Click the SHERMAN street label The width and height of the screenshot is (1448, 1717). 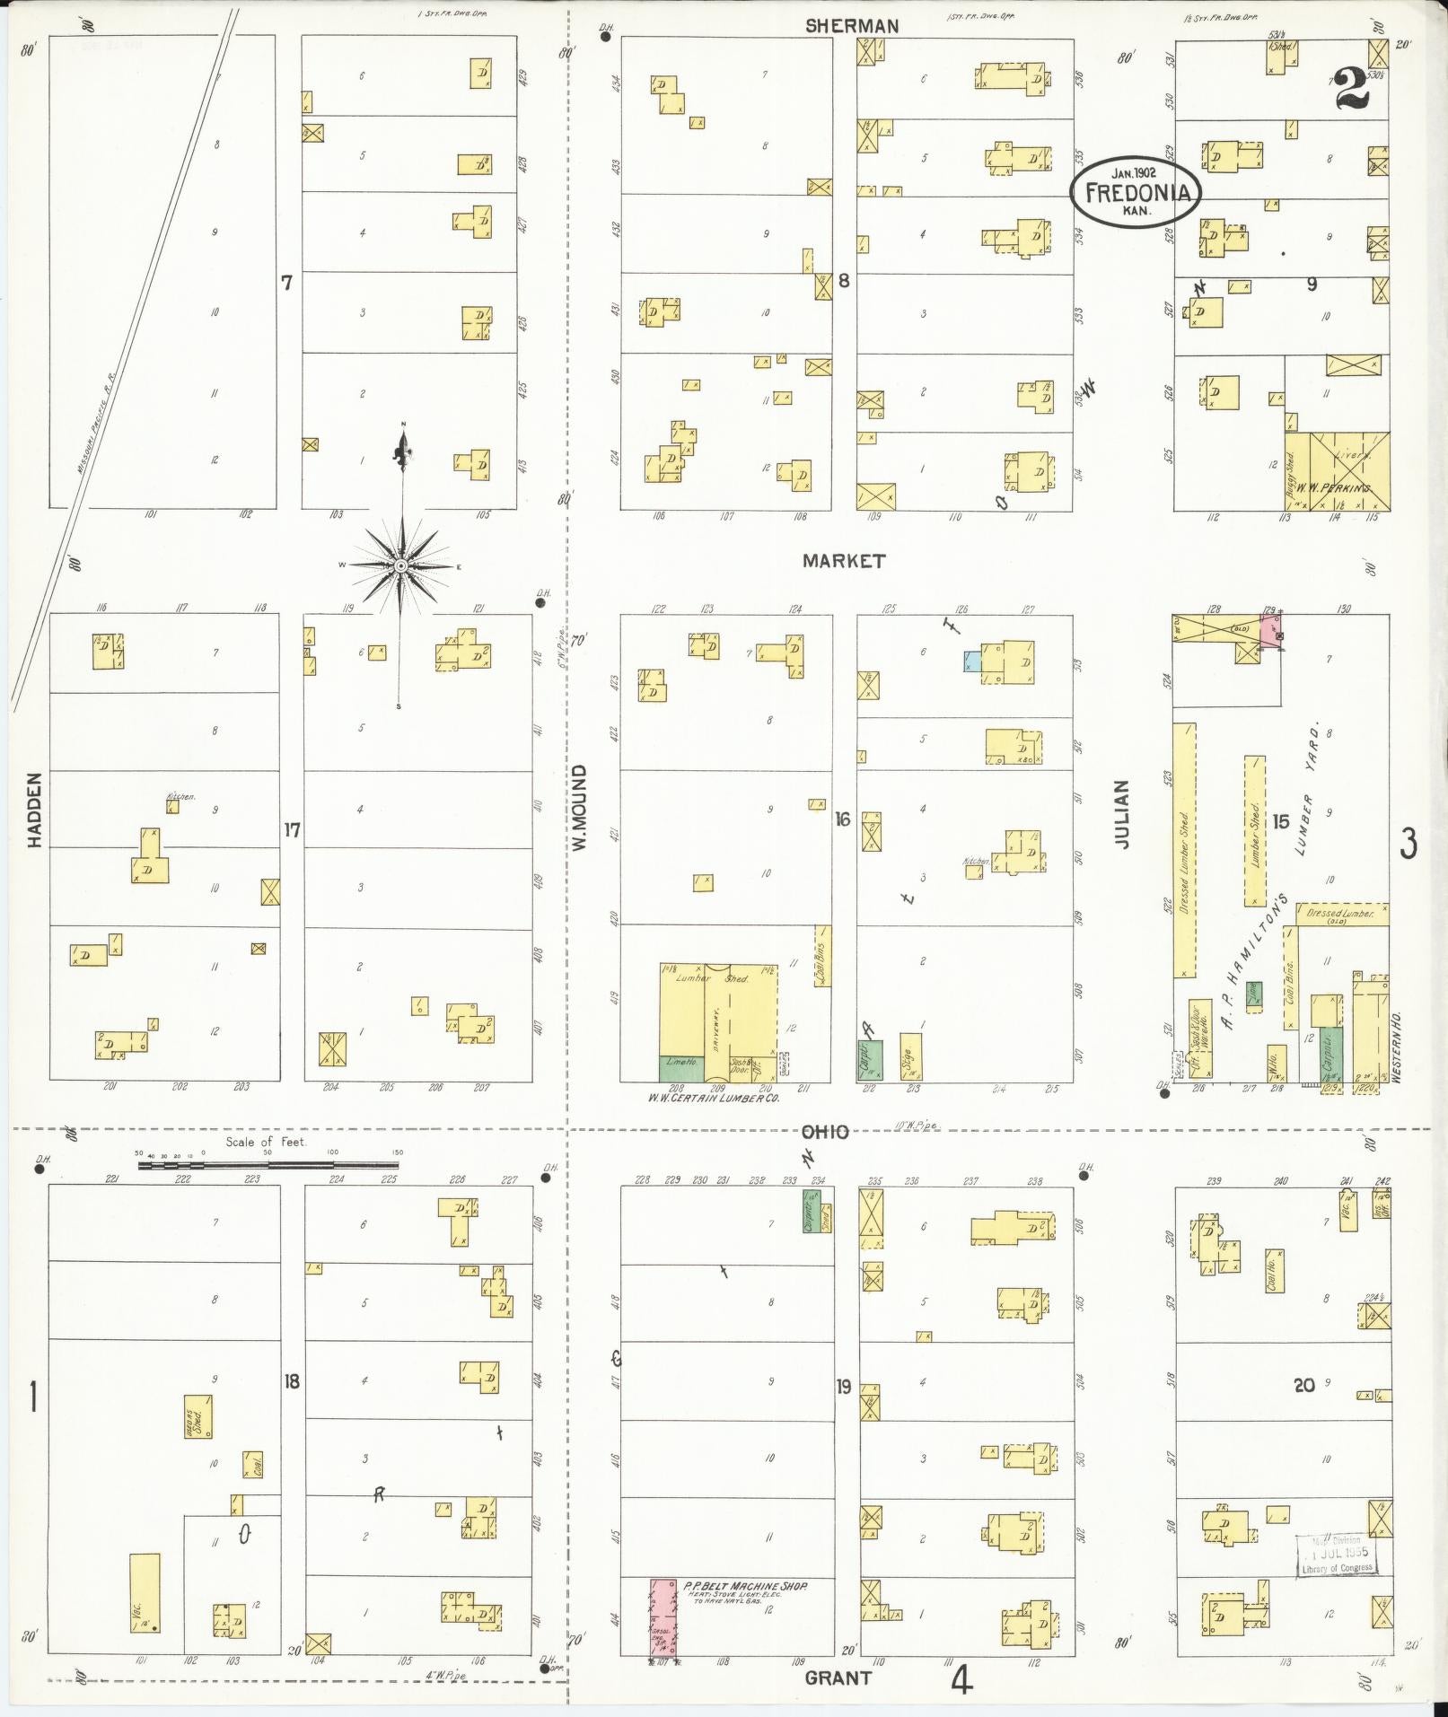(x=851, y=26)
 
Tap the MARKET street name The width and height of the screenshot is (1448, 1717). (x=844, y=561)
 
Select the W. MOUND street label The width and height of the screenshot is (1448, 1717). (x=579, y=808)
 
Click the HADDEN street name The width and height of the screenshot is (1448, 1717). (x=35, y=810)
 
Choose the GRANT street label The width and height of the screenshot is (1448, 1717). (x=838, y=1677)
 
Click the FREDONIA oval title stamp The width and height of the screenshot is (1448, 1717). (x=1134, y=191)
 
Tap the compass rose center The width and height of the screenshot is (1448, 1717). (x=401, y=565)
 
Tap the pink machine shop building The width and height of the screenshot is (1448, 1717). (x=663, y=1617)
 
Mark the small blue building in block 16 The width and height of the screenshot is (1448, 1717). (x=972, y=661)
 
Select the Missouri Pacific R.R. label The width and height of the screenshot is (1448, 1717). (x=101, y=422)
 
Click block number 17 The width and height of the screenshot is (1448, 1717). (x=293, y=830)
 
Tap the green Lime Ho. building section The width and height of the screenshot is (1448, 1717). (x=681, y=1066)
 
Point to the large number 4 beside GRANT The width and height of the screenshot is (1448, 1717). (x=961, y=1679)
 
